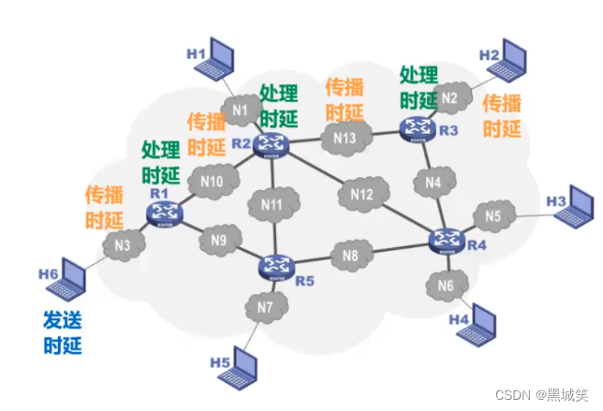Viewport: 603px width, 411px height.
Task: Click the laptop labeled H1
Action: [226, 58]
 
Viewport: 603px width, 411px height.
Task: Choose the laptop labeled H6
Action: [66, 278]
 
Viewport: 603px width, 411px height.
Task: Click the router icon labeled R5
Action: [275, 266]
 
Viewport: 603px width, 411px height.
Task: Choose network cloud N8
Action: [349, 254]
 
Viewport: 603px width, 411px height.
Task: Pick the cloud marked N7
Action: [265, 307]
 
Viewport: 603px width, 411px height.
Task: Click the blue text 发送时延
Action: [63, 333]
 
